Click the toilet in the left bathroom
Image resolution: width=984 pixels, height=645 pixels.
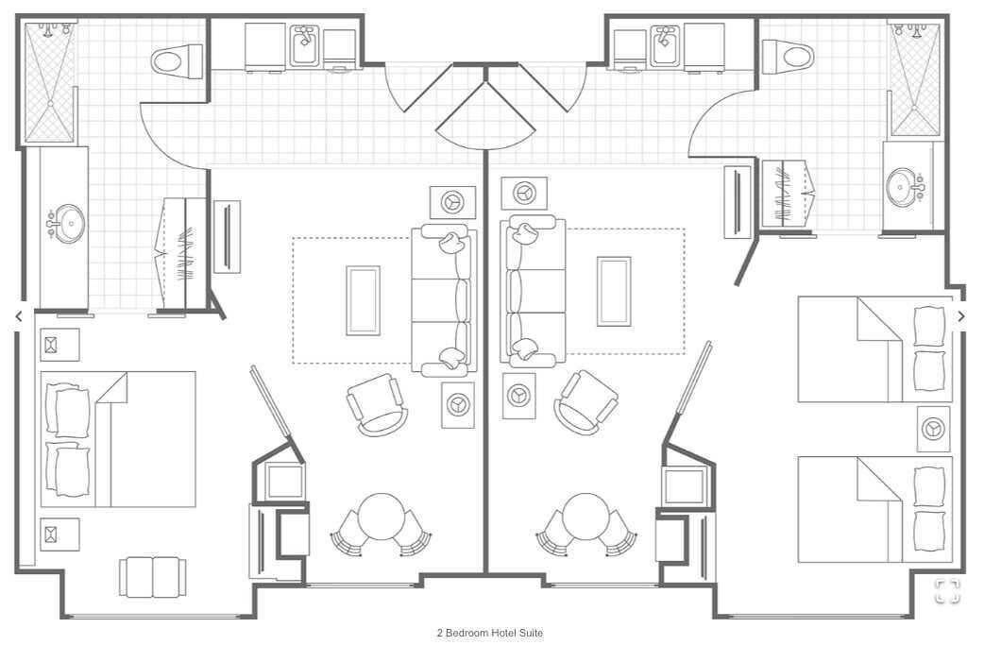click(x=177, y=60)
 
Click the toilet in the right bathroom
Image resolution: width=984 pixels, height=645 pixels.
click(x=788, y=57)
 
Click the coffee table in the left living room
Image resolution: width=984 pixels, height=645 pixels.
click(x=364, y=300)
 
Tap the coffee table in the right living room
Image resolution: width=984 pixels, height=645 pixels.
click(x=614, y=291)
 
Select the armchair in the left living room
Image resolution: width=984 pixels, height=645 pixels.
click(x=377, y=404)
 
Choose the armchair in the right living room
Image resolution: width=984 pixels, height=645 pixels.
click(x=585, y=402)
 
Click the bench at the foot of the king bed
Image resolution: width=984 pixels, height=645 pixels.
click(x=153, y=577)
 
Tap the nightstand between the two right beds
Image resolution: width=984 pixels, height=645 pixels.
click(x=933, y=429)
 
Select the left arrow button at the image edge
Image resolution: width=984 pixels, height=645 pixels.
click(x=19, y=316)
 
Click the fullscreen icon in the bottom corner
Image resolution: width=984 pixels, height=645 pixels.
click(x=947, y=591)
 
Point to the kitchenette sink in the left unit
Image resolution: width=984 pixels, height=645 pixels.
click(x=305, y=45)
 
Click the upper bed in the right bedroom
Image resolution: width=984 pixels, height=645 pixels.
click(x=874, y=349)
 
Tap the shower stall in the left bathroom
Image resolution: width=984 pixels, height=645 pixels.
click(x=49, y=82)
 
